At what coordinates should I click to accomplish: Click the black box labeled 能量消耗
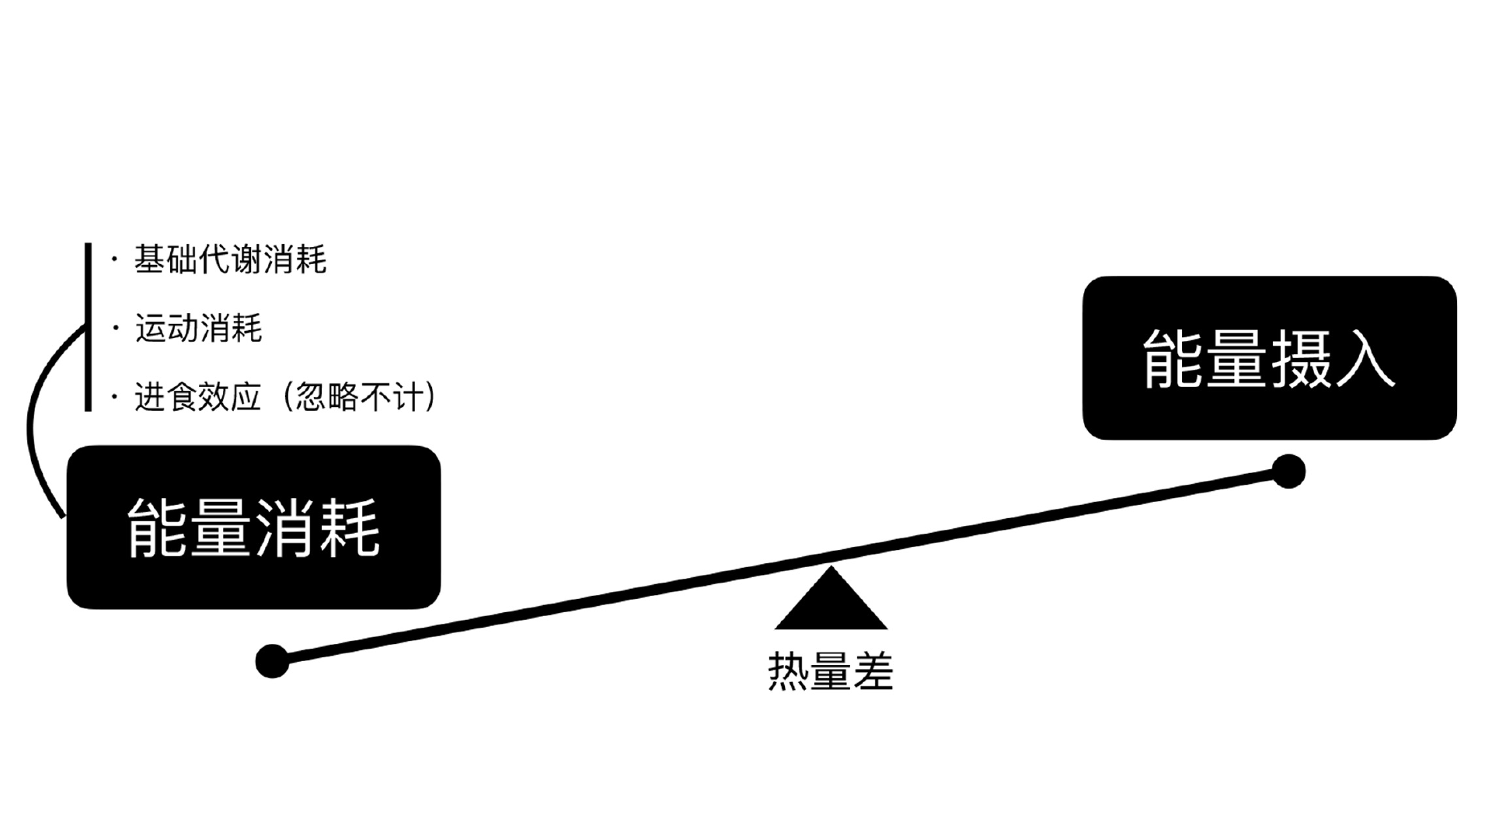[x=253, y=527]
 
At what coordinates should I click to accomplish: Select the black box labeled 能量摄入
[x=1269, y=358]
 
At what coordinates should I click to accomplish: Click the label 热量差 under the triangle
[x=831, y=670]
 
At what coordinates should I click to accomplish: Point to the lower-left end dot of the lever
[x=272, y=661]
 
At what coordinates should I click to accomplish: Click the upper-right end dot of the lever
[x=1288, y=472]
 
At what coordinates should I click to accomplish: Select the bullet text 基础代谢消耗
[x=230, y=259]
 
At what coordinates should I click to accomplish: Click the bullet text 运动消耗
[x=199, y=329]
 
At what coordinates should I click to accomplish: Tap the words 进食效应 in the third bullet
[x=197, y=397]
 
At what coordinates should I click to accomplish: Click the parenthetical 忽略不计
[x=360, y=397]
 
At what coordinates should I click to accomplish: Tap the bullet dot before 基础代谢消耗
[x=115, y=259]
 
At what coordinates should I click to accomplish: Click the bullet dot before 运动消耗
[x=115, y=329]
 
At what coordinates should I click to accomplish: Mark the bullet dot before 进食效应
[x=115, y=397]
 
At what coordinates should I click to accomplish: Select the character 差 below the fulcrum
[x=873, y=670]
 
